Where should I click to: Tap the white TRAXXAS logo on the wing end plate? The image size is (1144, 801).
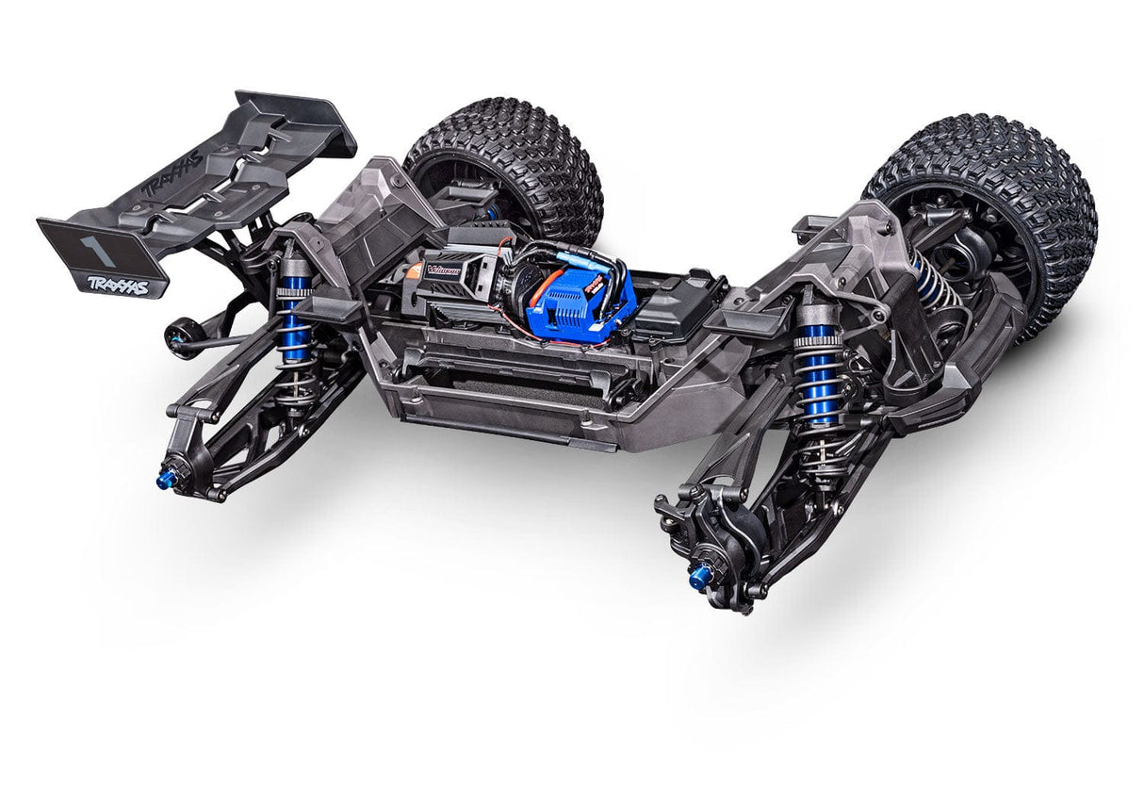coord(119,285)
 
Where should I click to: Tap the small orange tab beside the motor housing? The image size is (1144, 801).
coord(414,270)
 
